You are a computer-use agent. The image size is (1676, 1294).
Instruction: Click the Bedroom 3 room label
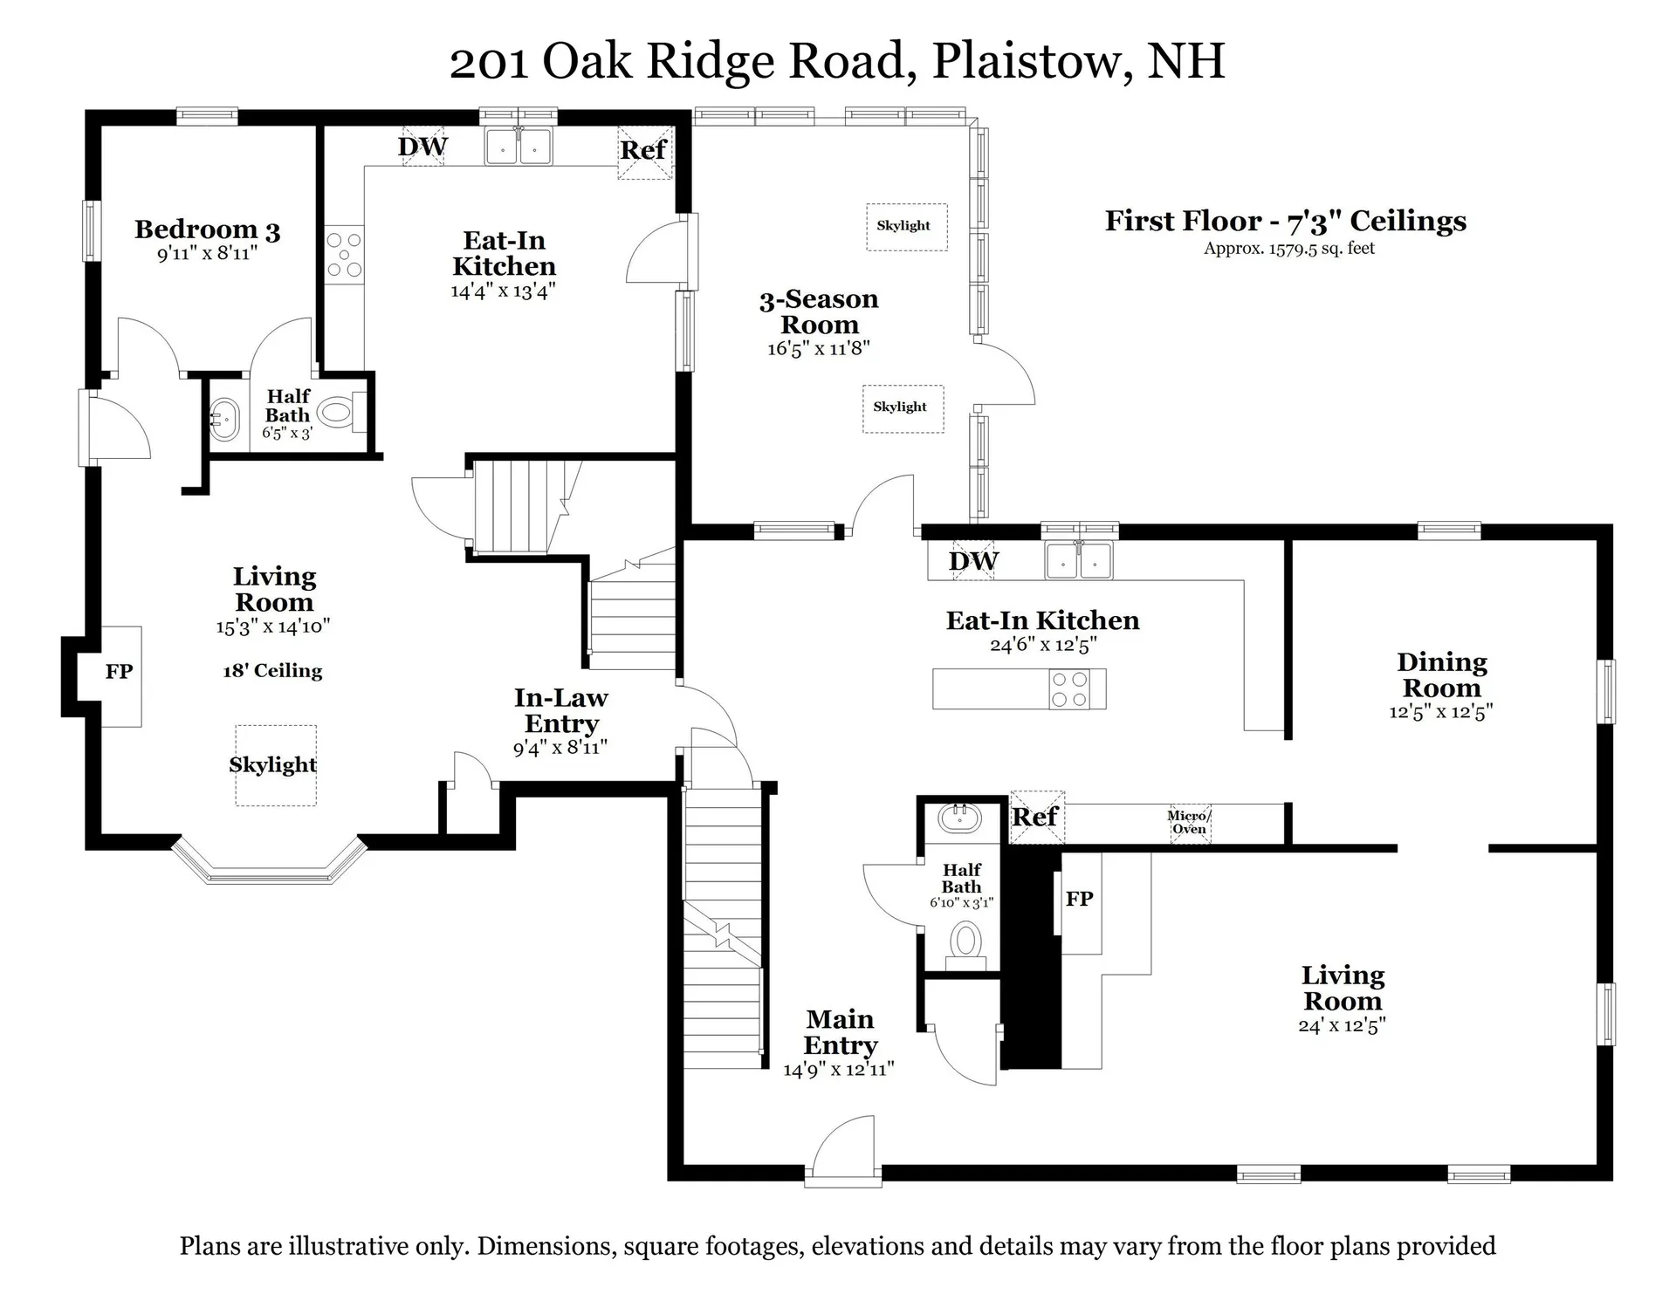click(x=207, y=230)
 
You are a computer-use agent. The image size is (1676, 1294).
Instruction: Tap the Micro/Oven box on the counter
click(x=1190, y=823)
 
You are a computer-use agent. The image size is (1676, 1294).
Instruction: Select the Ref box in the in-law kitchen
click(x=644, y=152)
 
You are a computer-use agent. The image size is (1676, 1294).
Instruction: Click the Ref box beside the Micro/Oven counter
click(x=1036, y=818)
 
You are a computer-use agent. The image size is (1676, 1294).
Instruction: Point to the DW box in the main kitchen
click(x=973, y=561)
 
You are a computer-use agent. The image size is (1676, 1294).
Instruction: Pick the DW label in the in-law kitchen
click(x=422, y=147)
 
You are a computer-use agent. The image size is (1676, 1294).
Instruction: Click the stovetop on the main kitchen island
click(x=1068, y=689)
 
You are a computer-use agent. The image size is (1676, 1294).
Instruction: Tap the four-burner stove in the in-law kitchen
click(x=344, y=255)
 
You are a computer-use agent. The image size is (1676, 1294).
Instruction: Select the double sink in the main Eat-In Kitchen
click(x=1079, y=560)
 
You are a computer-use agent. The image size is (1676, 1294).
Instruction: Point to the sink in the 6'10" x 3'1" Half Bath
click(x=959, y=818)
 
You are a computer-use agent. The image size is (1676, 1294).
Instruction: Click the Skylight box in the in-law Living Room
click(x=274, y=765)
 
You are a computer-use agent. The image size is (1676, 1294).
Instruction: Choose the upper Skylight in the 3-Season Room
click(x=905, y=226)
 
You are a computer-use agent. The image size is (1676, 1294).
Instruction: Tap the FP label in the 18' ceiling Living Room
click(x=119, y=672)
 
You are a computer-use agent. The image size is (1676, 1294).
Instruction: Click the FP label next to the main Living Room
click(x=1079, y=899)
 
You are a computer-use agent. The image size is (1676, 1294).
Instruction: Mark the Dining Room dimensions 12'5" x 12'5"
click(x=1440, y=712)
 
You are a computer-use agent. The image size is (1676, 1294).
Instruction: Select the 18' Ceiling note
click(x=272, y=671)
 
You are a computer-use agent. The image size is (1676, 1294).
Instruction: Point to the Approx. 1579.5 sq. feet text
click(x=1288, y=249)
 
